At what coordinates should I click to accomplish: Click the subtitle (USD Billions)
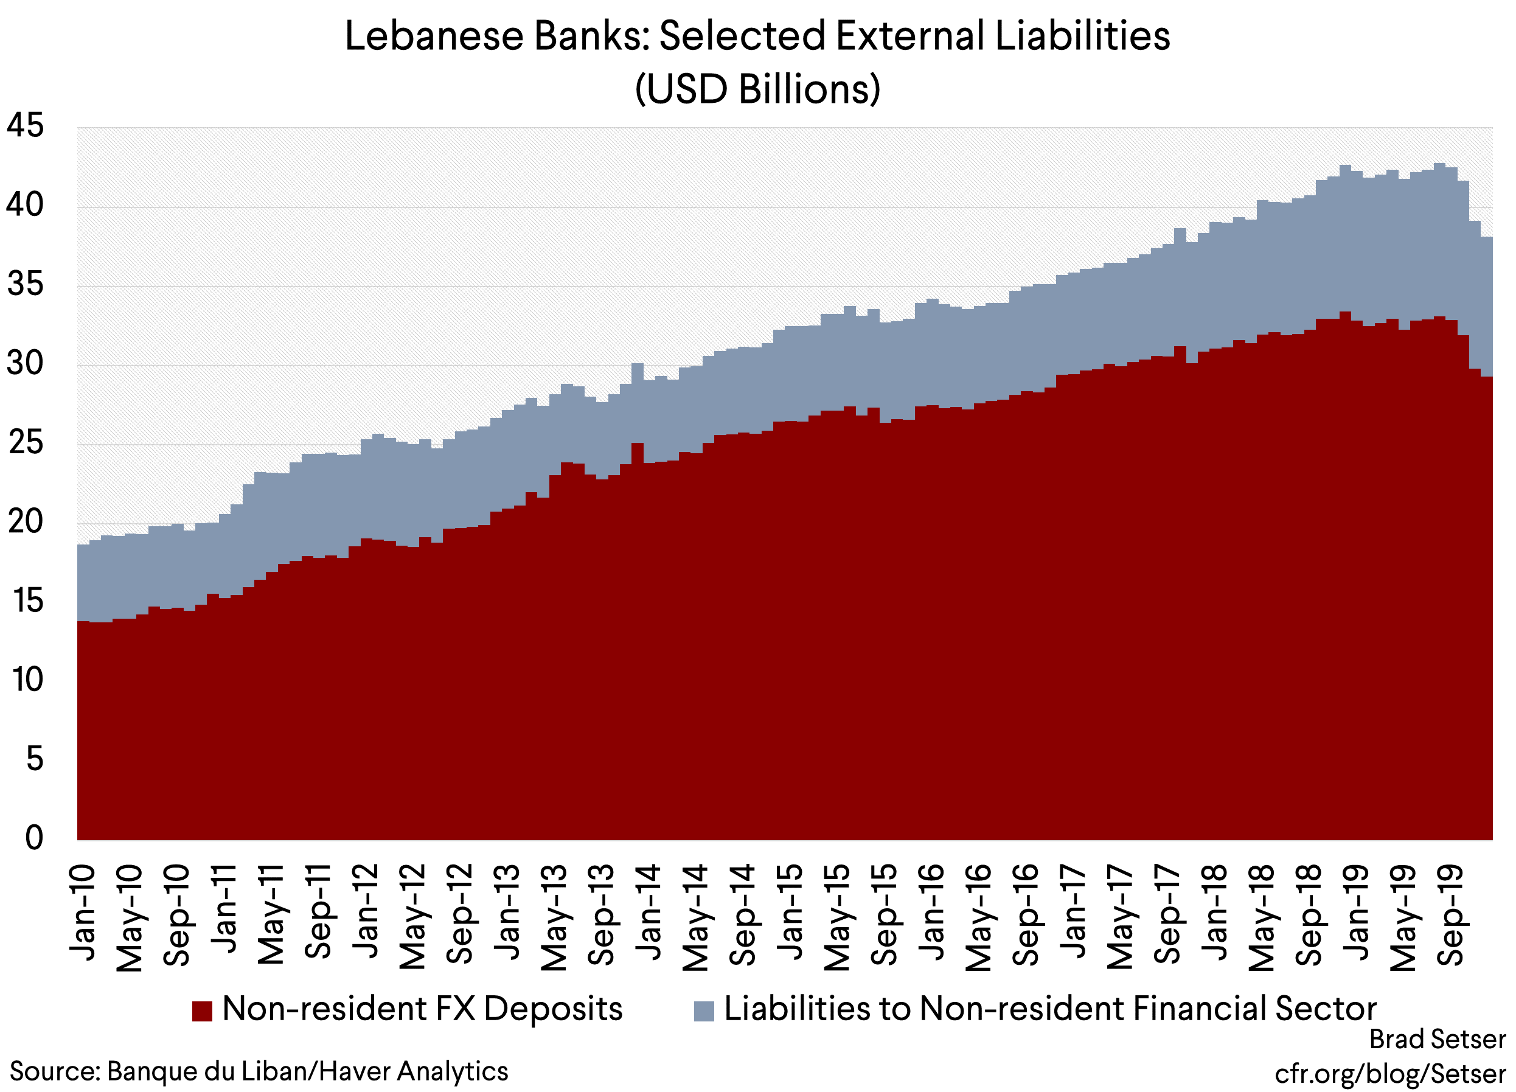[757, 89]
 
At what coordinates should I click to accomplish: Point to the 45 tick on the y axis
[26, 126]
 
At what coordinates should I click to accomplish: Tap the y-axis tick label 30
[26, 364]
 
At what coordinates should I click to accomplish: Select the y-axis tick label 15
[27, 601]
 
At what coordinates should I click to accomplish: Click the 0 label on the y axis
[34, 837]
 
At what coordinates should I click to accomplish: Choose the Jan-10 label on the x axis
[83, 913]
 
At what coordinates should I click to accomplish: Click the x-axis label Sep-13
[602, 914]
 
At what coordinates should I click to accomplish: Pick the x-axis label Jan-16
[932, 913]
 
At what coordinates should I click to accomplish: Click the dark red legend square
[202, 1010]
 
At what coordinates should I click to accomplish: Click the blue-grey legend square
[704, 1010]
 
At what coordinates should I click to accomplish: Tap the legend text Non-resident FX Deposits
[422, 1009]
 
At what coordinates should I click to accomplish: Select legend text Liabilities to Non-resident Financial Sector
[1050, 1009]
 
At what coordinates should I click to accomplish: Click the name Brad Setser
[1437, 1040]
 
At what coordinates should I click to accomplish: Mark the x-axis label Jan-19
[1357, 913]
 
